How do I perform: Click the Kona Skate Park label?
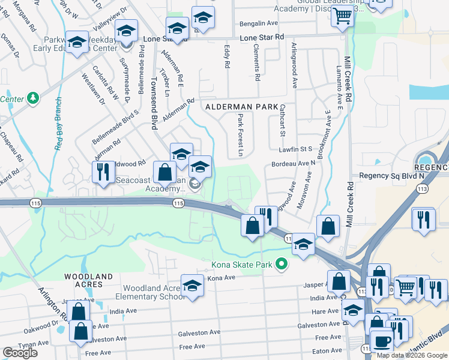tap(241, 264)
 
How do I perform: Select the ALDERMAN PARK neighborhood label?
tap(235, 107)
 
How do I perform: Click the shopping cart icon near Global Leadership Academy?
tap(343, 17)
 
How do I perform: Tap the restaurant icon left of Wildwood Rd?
tap(103, 172)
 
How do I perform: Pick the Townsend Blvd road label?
tap(154, 102)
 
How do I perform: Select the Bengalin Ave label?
tap(259, 23)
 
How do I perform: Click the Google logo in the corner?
tap(20, 353)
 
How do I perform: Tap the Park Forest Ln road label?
tap(240, 135)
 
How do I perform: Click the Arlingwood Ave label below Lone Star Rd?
tap(294, 66)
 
